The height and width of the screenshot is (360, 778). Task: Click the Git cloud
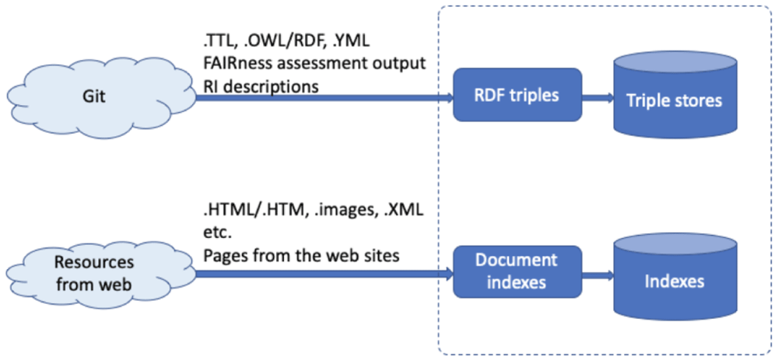pyautogui.click(x=100, y=96)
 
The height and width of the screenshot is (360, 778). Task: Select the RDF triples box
pyautogui.click(x=517, y=95)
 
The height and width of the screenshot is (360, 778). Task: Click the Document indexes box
pyautogui.click(x=517, y=272)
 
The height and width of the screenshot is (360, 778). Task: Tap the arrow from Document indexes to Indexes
pyautogui.click(x=598, y=272)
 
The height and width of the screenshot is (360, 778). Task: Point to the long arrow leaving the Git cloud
pyautogui.click(x=324, y=98)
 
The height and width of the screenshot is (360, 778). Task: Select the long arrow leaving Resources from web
pyautogui.click(x=324, y=272)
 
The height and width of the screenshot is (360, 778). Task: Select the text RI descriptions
pyautogui.click(x=261, y=86)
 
